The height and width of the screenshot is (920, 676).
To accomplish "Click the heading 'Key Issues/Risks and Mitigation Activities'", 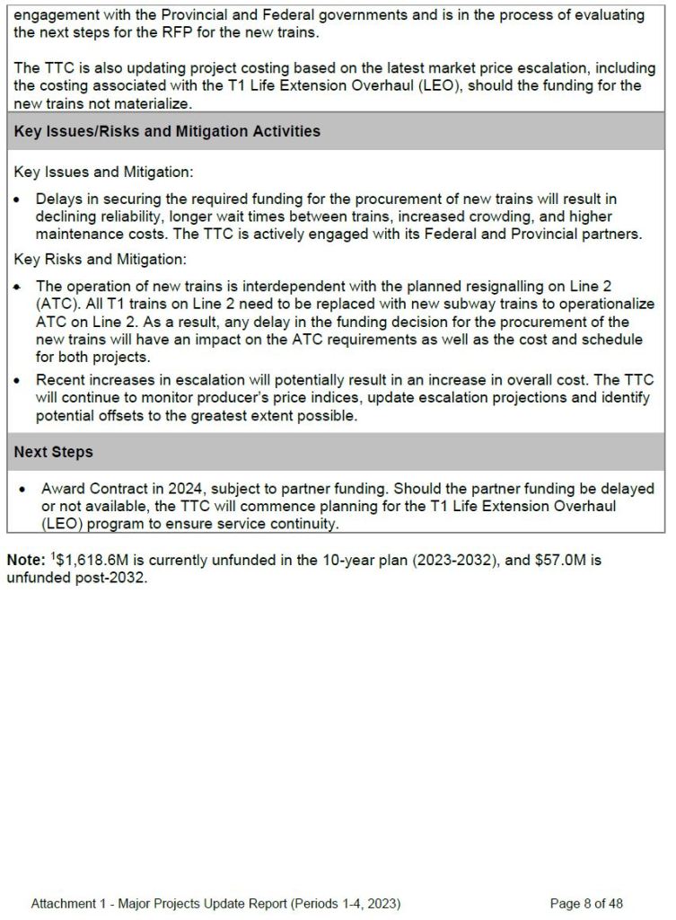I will pos(167,131).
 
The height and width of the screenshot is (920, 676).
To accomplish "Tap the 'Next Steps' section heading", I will pos(53,452).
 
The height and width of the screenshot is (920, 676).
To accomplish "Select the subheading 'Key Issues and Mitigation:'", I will pos(103,172).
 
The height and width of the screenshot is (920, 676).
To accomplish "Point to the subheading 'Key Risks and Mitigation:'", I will pos(100,260).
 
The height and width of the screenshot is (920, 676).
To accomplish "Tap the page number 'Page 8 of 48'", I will pos(586,903).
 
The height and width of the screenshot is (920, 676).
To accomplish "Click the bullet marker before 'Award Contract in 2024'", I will pos(22,490).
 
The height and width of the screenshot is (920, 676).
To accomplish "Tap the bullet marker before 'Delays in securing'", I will pos(18,199).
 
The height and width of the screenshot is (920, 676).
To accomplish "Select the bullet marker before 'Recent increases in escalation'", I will pos(18,380).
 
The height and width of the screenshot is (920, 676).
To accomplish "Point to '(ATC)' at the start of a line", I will pos(56,304).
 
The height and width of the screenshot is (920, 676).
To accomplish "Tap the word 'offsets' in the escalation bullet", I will pos(119,416).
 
